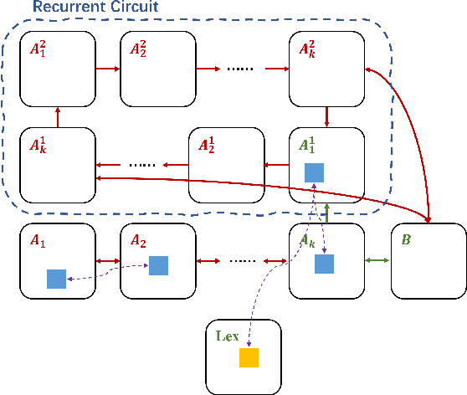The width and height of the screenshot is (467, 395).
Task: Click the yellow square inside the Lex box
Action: coord(249,357)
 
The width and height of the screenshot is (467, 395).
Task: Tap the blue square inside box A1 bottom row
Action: coord(57,279)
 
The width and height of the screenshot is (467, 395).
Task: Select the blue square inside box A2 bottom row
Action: coord(159,265)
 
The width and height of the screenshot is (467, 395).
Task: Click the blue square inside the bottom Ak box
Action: coord(325,264)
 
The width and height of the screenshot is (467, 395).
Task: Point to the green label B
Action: coord(406,239)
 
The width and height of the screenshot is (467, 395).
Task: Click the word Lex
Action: coord(228,336)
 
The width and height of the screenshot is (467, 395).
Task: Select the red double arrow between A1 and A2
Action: coord(107,261)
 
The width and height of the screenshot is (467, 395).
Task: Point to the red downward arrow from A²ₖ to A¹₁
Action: coord(326,117)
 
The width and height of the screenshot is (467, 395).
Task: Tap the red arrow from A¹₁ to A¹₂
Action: coord(276,165)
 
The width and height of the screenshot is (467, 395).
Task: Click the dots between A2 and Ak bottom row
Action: coord(243,261)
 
